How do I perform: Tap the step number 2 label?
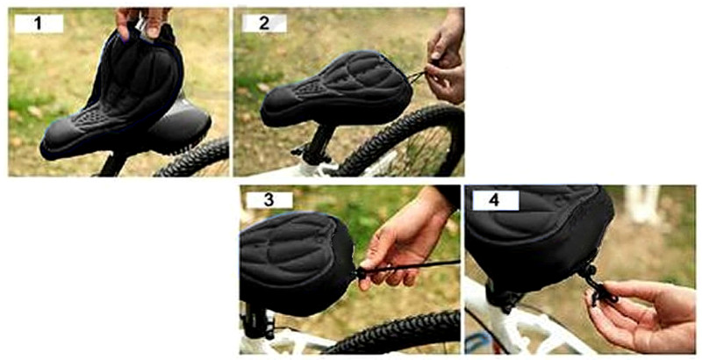pyautogui.click(x=262, y=24)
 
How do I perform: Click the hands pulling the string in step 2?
pyautogui.click(x=446, y=61)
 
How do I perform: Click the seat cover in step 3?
pyautogui.click(x=294, y=259)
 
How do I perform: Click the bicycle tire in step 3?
pyautogui.click(x=395, y=334)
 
